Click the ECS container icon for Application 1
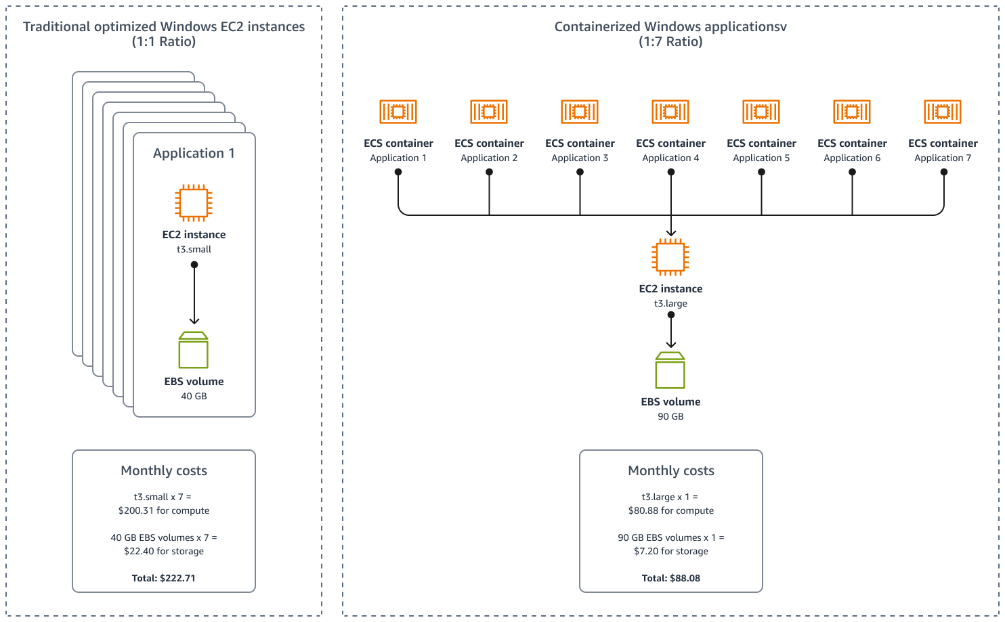(x=398, y=112)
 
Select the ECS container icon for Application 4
(x=670, y=112)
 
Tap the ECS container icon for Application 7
(x=943, y=112)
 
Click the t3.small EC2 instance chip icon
(x=194, y=202)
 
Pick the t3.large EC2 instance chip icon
(x=670, y=257)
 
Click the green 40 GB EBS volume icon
(x=194, y=350)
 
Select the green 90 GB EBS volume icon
(x=670, y=370)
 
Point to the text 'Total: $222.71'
(x=164, y=578)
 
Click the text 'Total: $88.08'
(x=671, y=578)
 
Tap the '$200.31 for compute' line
(x=164, y=510)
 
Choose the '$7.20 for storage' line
(x=671, y=551)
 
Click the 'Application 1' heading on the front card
(x=194, y=153)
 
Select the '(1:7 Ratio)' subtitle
(x=670, y=42)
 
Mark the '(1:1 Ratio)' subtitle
(x=164, y=42)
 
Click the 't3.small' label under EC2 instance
(x=194, y=249)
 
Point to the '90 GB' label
(x=670, y=416)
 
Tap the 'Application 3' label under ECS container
(x=580, y=158)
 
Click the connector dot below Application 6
(x=852, y=172)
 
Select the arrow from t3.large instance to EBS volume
(x=670, y=331)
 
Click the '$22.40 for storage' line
(x=164, y=551)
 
